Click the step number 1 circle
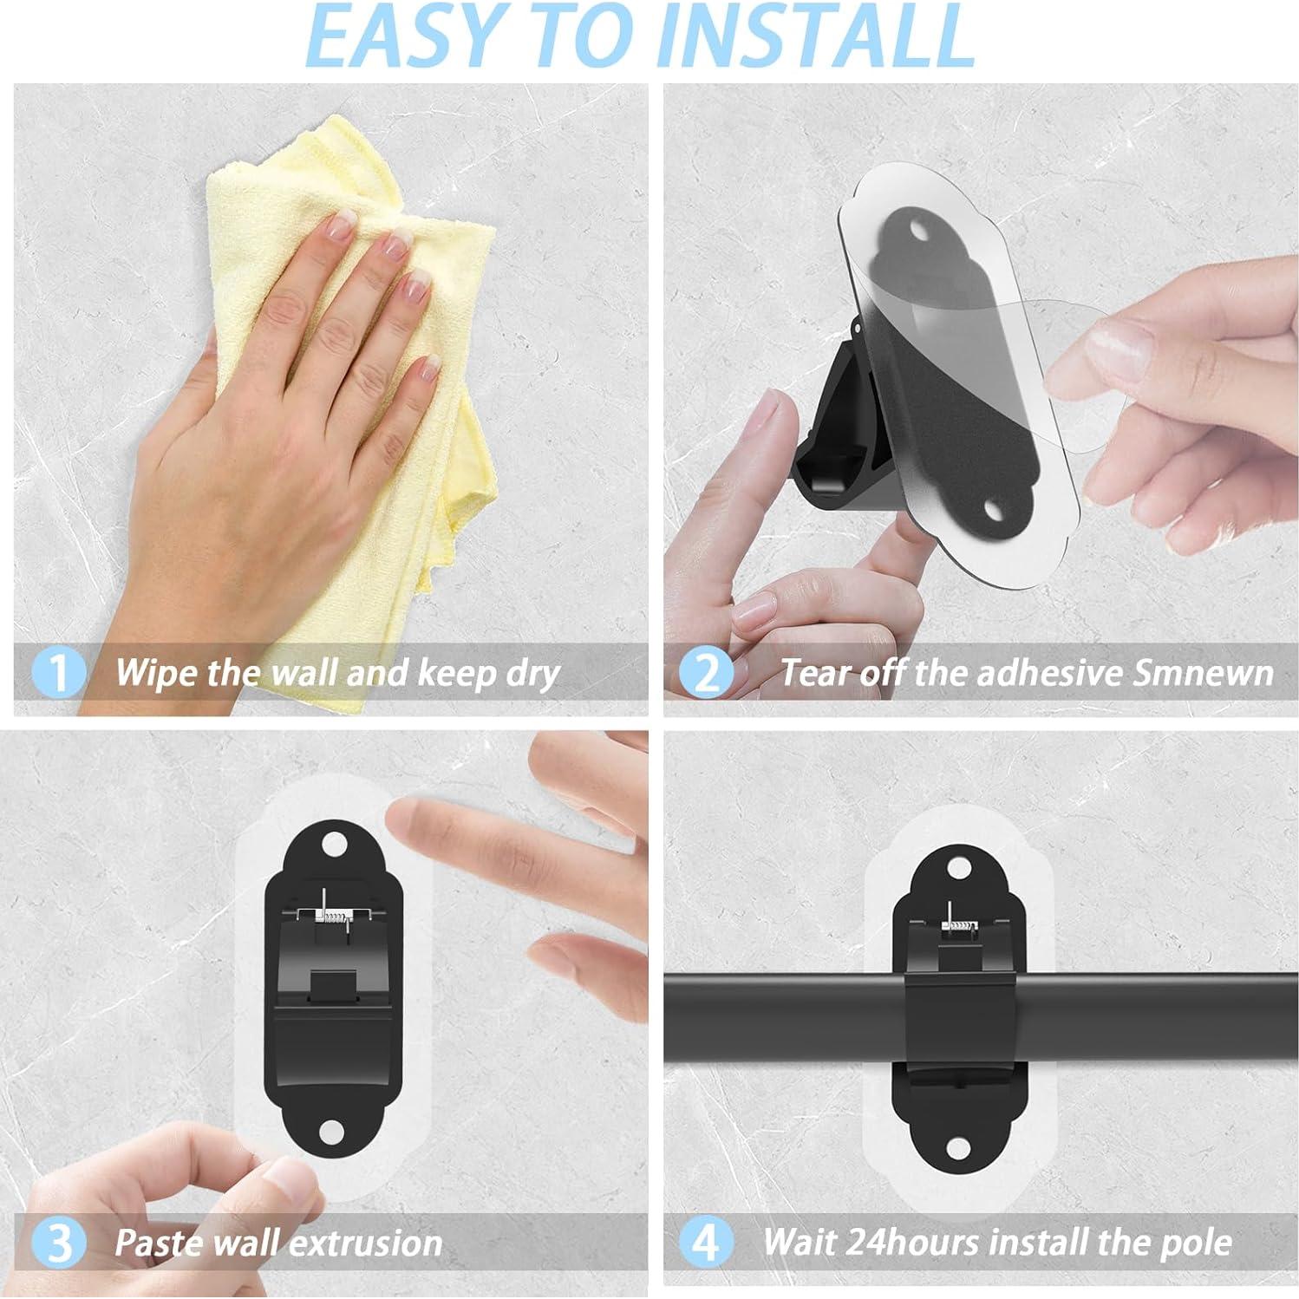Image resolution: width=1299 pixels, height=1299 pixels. tap(59, 674)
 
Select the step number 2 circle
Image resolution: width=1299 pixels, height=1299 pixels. tap(707, 674)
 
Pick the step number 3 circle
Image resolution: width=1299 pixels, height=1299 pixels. tap(59, 1243)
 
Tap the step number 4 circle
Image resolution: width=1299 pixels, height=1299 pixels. tap(707, 1243)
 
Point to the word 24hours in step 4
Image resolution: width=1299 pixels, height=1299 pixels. tap(920, 1243)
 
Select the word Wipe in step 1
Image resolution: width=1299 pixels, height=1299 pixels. tap(153, 674)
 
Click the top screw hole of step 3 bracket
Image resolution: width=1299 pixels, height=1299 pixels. tap(332, 844)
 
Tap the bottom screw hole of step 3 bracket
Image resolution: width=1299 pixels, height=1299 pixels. tap(332, 1133)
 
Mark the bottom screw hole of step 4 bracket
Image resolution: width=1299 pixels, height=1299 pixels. tap(958, 1148)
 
